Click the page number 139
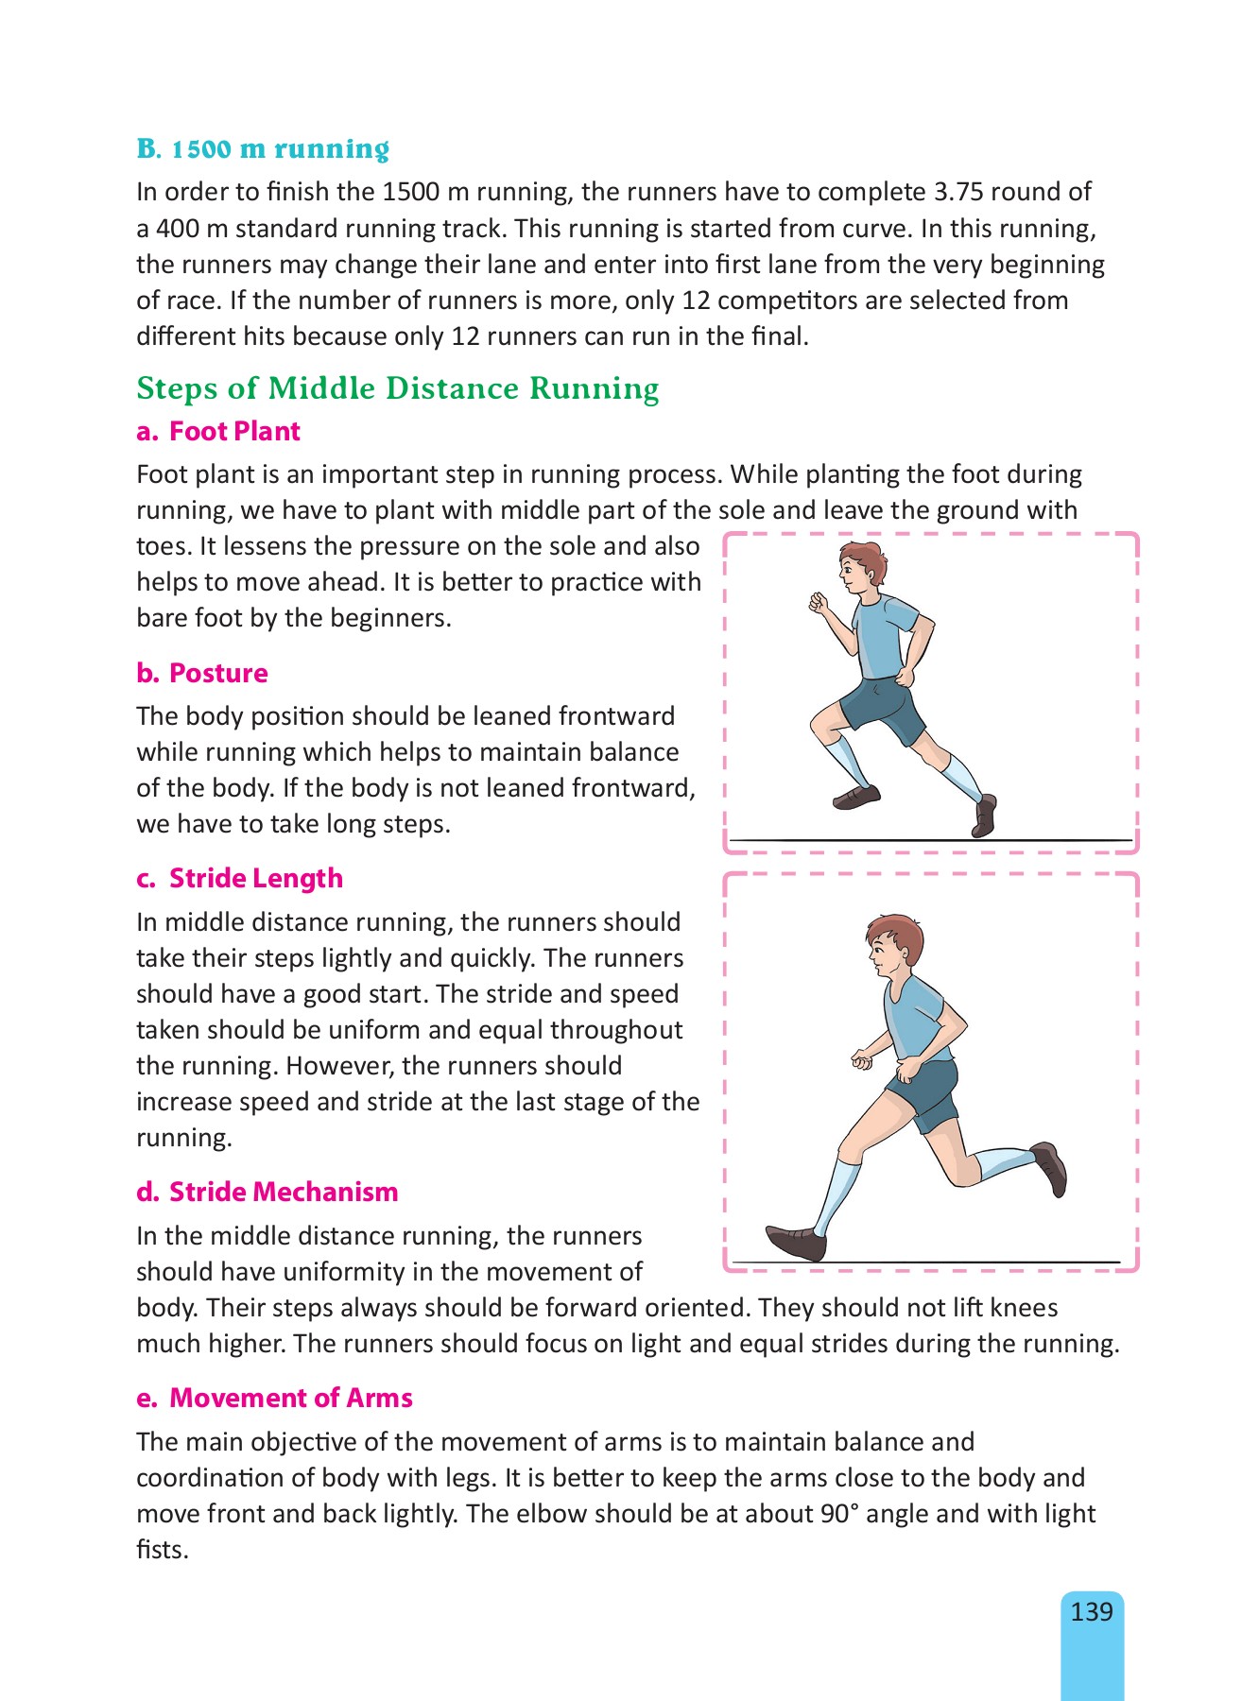coord(1092,1611)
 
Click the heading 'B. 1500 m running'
coord(263,149)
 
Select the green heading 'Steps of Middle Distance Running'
coord(398,388)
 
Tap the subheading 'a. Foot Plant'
coord(218,432)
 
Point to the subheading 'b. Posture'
coord(202,673)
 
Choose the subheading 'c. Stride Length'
coord(239,878)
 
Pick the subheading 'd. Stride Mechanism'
coord(267,1192)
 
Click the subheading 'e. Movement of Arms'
coord(275,1398)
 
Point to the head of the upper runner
coord(863,568)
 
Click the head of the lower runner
coord(893,948)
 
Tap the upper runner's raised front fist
coord(818,602)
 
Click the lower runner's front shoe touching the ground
coord(796,1241)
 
